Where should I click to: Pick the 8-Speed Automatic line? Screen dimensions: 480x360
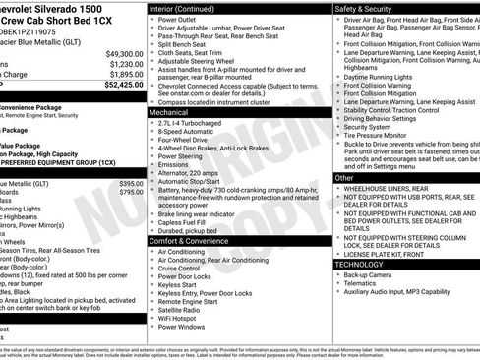(x=188, y=134)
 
